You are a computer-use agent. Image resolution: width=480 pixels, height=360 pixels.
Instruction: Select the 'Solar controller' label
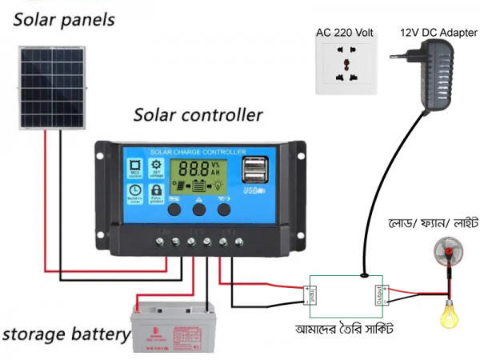(x=198, y=114)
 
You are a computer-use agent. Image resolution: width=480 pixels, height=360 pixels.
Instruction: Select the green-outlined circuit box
(x=346, y=295)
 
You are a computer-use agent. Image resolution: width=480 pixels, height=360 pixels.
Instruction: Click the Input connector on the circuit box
(x=311, y=295)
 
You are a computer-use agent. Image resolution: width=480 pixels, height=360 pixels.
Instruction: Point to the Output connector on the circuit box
(x=381, y=296)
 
